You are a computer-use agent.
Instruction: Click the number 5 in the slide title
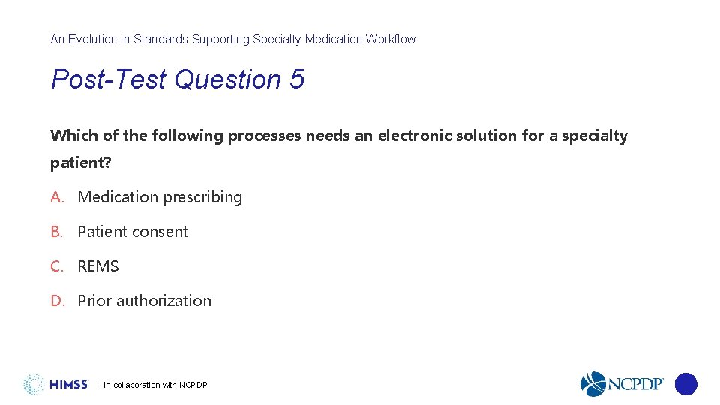coord(296,79)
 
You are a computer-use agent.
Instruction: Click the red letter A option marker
coord(57,197)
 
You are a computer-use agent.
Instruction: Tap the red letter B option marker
coord(57,232)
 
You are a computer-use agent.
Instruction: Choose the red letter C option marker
coord(57,266)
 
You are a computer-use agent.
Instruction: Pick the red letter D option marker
coord(58,301)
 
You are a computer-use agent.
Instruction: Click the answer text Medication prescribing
coord(160,197)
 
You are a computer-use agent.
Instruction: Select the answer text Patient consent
coord(133,232)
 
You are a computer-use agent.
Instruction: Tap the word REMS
coord(98,266)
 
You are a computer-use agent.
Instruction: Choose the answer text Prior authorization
coord(144,301)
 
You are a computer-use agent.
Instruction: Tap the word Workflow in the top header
coord(390,39)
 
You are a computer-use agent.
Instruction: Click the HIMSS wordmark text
coord(69,385)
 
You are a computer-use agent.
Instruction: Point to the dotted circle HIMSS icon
coord(34,384)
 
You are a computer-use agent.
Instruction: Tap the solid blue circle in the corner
coord(685,384)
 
